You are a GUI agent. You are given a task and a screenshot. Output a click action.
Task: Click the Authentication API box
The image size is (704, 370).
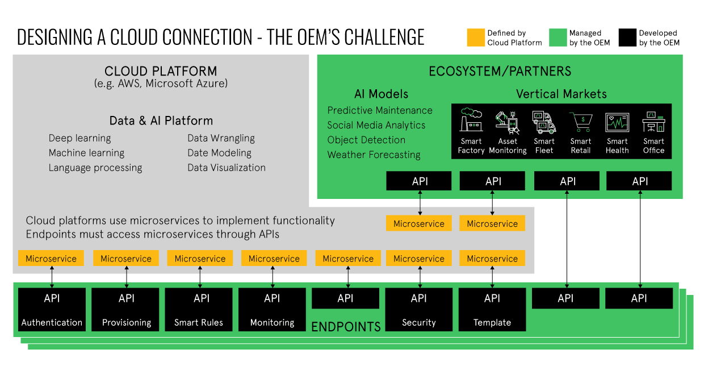(x=52, y=309)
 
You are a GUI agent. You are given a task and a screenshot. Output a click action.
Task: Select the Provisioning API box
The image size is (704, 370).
(x=126, y=309)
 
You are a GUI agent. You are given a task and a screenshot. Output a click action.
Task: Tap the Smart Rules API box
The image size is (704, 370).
(x=199, y=309)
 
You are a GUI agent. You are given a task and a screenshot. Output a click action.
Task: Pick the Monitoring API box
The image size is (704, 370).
(x=272, y=309)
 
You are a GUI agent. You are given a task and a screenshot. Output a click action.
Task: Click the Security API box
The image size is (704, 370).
(x=419, y=309)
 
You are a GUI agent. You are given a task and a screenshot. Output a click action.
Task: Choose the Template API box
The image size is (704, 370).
(x=492, y=309)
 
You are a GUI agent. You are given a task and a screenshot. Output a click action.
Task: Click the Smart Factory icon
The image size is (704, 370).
(x=471, y=120)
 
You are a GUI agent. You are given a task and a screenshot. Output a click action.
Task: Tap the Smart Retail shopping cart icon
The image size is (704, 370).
(x=581, y=121)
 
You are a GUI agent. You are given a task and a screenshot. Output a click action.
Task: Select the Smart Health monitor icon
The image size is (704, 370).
(x=617, y=122)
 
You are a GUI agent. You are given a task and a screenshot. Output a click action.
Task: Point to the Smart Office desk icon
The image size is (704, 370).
(x=653, y=121)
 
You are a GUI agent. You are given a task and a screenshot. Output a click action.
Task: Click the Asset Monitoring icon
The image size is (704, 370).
(x=508, y=121)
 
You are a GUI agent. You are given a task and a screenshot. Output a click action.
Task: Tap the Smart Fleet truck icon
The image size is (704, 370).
(x=544, y=122)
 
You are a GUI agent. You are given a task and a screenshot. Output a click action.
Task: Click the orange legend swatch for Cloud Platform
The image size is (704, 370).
(x=476, y=38)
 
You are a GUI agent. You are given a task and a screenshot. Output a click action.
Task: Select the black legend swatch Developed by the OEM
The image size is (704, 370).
(x=627, y=38)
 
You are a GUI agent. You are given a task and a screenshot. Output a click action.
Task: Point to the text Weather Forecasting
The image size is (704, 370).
(x=374, y=155)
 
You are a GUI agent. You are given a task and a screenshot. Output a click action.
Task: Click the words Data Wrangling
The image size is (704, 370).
(x=221, y=138)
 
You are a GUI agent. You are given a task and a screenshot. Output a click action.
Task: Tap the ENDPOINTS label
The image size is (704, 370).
(x=346, y=327)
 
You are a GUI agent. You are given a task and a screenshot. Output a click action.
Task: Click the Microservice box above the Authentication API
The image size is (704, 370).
(x=51, y=259)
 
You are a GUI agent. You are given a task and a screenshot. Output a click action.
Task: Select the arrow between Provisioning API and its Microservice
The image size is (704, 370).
(x=126, y=277)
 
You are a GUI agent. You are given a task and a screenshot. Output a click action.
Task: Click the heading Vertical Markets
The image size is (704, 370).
(x=561, y=94)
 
